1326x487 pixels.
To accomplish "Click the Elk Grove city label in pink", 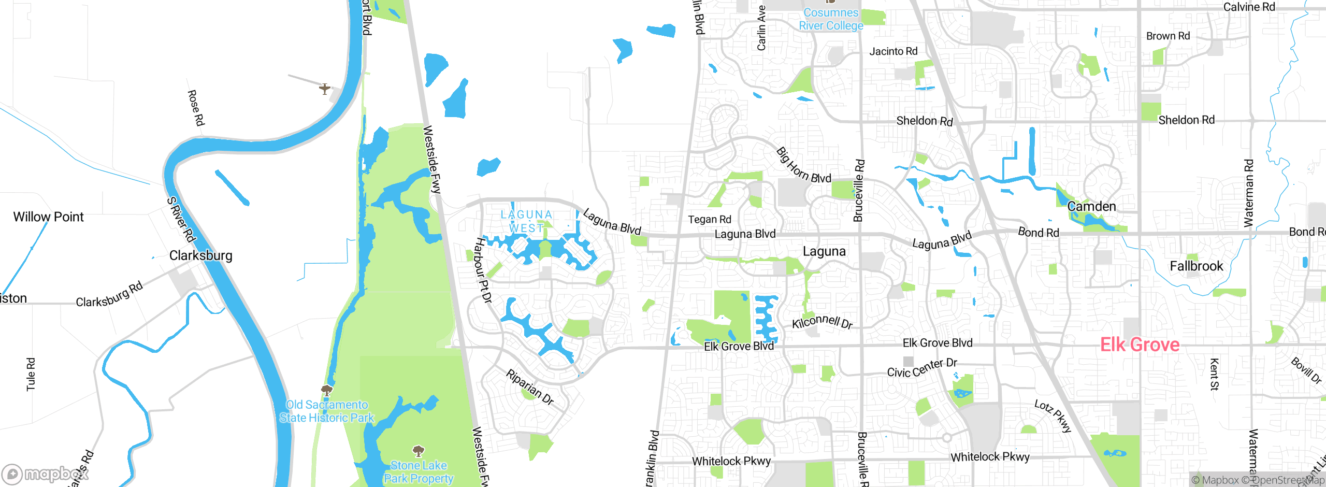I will click(1140, 345).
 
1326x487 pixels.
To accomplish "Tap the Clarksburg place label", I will click(200, 255).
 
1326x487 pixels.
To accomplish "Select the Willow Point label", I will click(48, 217).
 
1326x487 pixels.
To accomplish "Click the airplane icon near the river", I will click(325, 89).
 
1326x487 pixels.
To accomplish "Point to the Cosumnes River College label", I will click(831, 19).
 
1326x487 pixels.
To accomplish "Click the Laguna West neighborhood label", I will click(526, 221).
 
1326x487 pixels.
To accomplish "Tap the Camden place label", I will click(1091, 207).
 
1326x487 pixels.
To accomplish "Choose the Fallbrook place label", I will click(1196, 266).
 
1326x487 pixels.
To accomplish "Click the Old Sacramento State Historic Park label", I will click(327, 411).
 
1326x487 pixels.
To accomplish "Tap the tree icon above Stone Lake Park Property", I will click(418, 451).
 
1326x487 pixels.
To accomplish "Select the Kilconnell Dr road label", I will click(822, 322).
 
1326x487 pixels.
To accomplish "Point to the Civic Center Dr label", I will click(922, 368).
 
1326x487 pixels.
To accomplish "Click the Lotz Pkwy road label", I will click(1053, 416).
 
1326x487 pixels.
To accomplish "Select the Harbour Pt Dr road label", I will click(483, 270).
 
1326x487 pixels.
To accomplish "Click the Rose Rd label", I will click(196, 108).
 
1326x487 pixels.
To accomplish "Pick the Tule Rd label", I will click(31, 374).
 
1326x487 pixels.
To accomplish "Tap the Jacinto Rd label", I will click(893, 51).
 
